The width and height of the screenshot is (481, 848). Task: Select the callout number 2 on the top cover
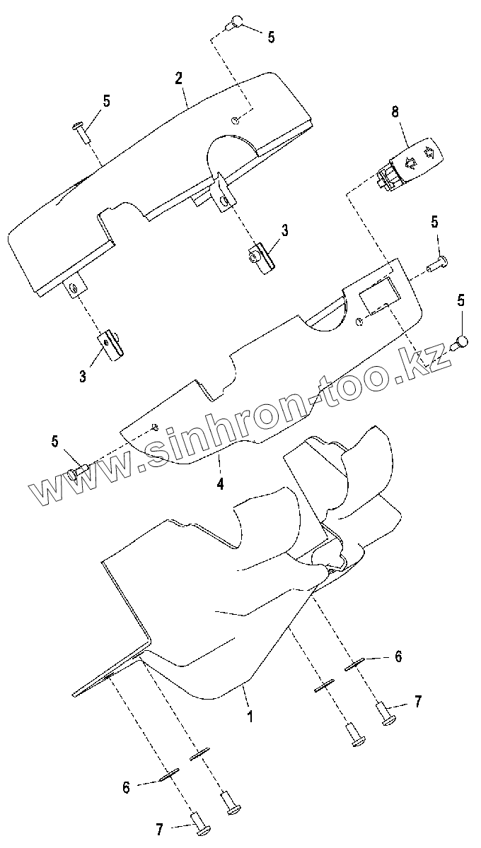[179, 77]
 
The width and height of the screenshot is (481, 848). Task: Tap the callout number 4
[220, 485]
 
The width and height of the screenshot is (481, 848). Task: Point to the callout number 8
[395, 111]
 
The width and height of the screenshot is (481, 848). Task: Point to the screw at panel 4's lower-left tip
[77, 471]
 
